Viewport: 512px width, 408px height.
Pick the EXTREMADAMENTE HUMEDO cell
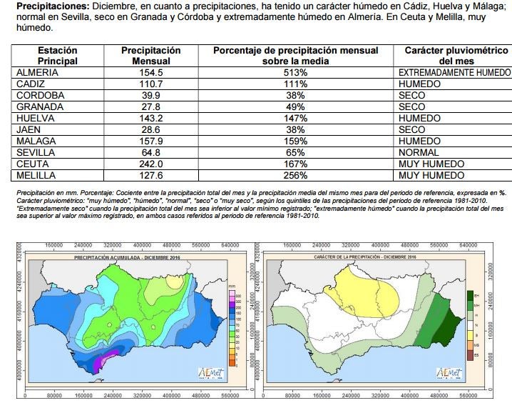454,73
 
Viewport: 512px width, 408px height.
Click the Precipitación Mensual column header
150,56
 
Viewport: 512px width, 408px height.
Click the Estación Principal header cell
57,56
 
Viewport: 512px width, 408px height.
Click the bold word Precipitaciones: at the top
46,6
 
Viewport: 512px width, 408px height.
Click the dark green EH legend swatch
469,294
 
